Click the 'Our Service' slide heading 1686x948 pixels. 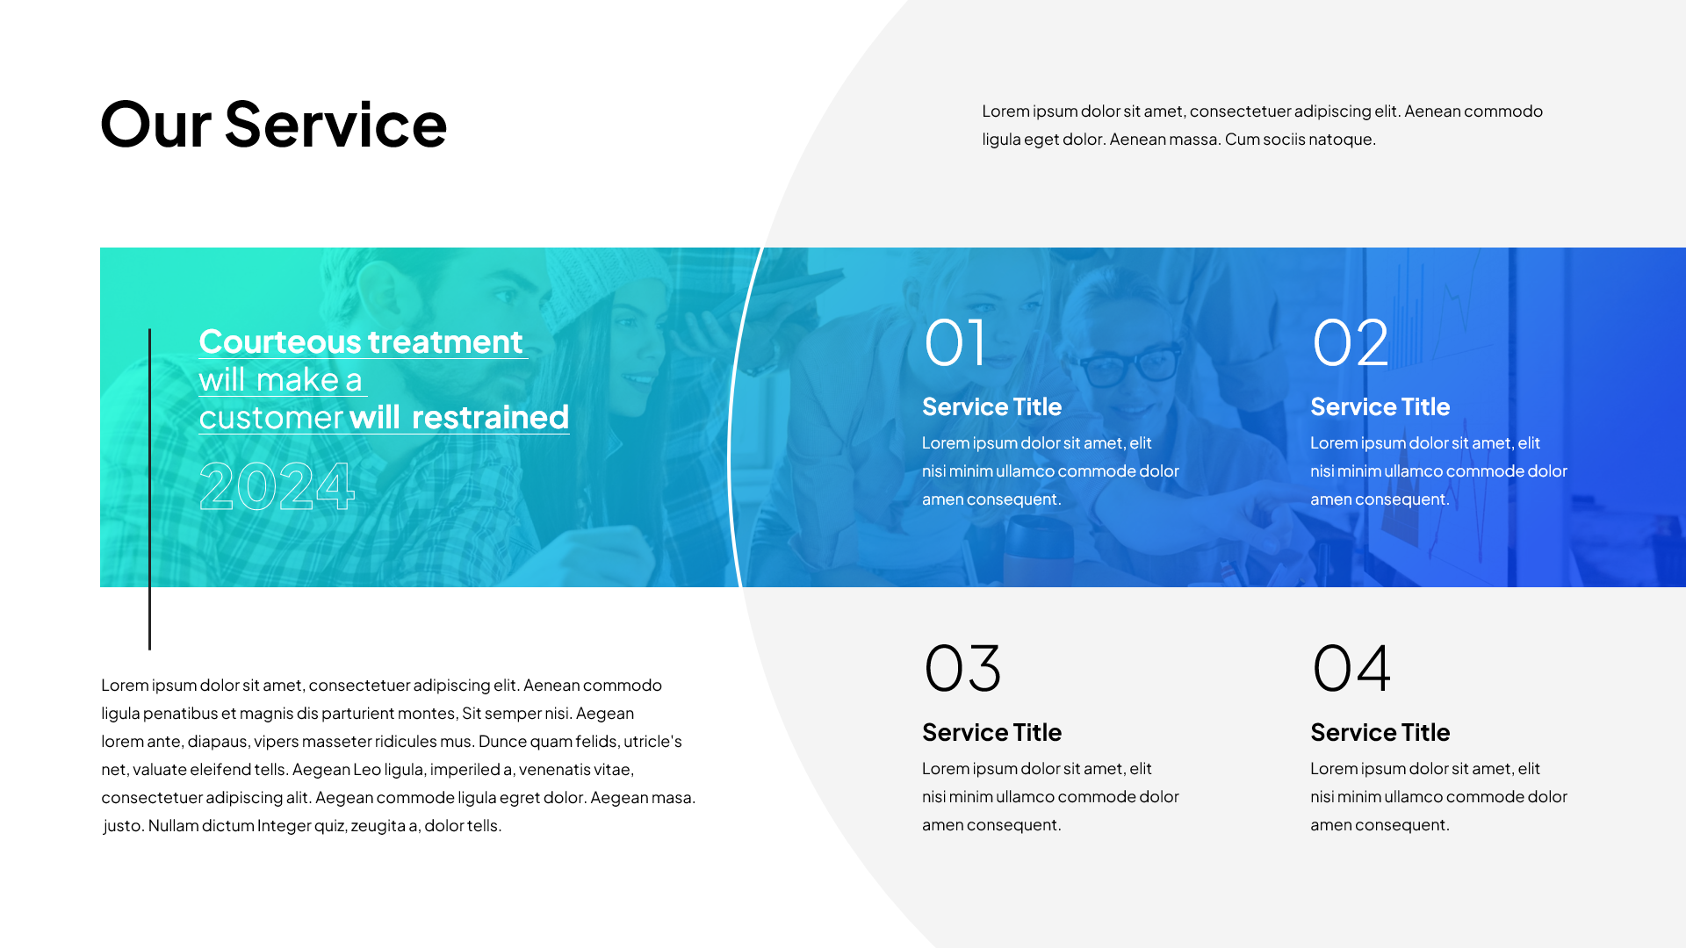(x=274, y=125)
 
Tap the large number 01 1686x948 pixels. (x=955, y=342)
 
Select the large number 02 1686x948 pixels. (x=1351, y=342)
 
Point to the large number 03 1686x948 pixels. (x=962, y=668)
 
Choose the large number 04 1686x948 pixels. (x=1351, y=668)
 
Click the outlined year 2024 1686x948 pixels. (x=277, y=485)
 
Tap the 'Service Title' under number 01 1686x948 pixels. (x=991, y=406)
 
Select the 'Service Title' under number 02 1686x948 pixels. (x=1380, y=406)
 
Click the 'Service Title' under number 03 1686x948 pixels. (x=991, y=732)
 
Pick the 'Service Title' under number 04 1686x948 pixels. (x=1380, y=732)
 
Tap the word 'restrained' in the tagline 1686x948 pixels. (x=490, y=417)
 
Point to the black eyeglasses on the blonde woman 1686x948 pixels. (x=1134, y=365)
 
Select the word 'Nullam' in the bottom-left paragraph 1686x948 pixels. (x=174, y=825)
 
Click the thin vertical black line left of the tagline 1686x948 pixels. (x=149, y=489)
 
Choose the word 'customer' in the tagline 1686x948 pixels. (x=270, y=418)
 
